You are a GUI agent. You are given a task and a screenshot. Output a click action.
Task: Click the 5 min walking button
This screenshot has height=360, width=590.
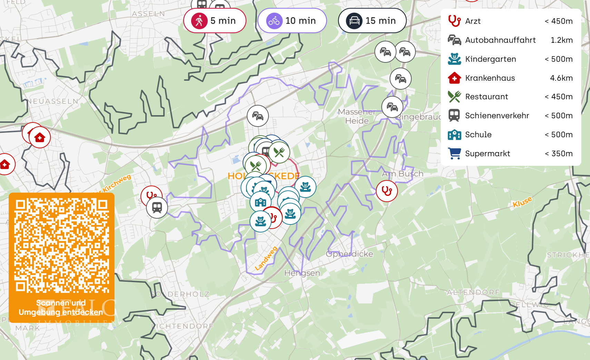point(215,21)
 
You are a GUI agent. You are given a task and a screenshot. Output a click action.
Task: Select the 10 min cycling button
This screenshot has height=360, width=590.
point(292,21)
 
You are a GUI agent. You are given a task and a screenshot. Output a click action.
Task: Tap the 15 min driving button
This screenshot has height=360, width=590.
point(372,21)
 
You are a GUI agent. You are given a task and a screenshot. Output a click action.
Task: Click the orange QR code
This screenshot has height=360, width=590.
point(62,245)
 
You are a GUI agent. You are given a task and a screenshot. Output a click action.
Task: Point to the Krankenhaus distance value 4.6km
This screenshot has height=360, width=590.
point(561,78)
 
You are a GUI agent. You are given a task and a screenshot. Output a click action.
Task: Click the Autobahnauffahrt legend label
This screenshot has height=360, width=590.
point(500,40)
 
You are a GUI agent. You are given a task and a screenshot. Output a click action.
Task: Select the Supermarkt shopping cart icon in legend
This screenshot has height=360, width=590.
point(454,153)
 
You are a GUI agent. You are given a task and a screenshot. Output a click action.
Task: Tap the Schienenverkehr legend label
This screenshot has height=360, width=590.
point(497,116)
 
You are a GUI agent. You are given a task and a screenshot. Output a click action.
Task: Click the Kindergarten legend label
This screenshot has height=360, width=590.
point(490,59)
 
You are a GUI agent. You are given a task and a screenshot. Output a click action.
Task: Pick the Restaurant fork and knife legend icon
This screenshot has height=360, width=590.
point(454,97)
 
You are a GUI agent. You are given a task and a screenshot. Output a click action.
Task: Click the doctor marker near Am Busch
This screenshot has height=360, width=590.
point(387,191)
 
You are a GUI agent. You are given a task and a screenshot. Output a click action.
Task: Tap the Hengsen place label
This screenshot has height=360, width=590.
point(302,273)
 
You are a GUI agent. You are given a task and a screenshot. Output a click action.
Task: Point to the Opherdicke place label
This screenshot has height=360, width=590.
point(350,254)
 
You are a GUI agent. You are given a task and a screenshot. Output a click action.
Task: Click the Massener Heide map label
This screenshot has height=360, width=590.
point(357,116)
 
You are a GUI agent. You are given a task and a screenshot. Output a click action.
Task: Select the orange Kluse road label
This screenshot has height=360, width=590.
point(522,202)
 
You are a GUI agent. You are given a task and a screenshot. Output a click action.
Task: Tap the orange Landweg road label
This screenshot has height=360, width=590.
point(266,259)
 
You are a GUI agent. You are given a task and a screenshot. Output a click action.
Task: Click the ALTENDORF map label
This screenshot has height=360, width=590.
point(473,292)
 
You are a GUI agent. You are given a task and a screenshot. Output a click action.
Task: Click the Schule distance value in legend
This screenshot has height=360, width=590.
point(558,134)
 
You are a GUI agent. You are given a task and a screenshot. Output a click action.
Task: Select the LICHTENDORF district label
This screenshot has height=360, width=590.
point(183,326)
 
